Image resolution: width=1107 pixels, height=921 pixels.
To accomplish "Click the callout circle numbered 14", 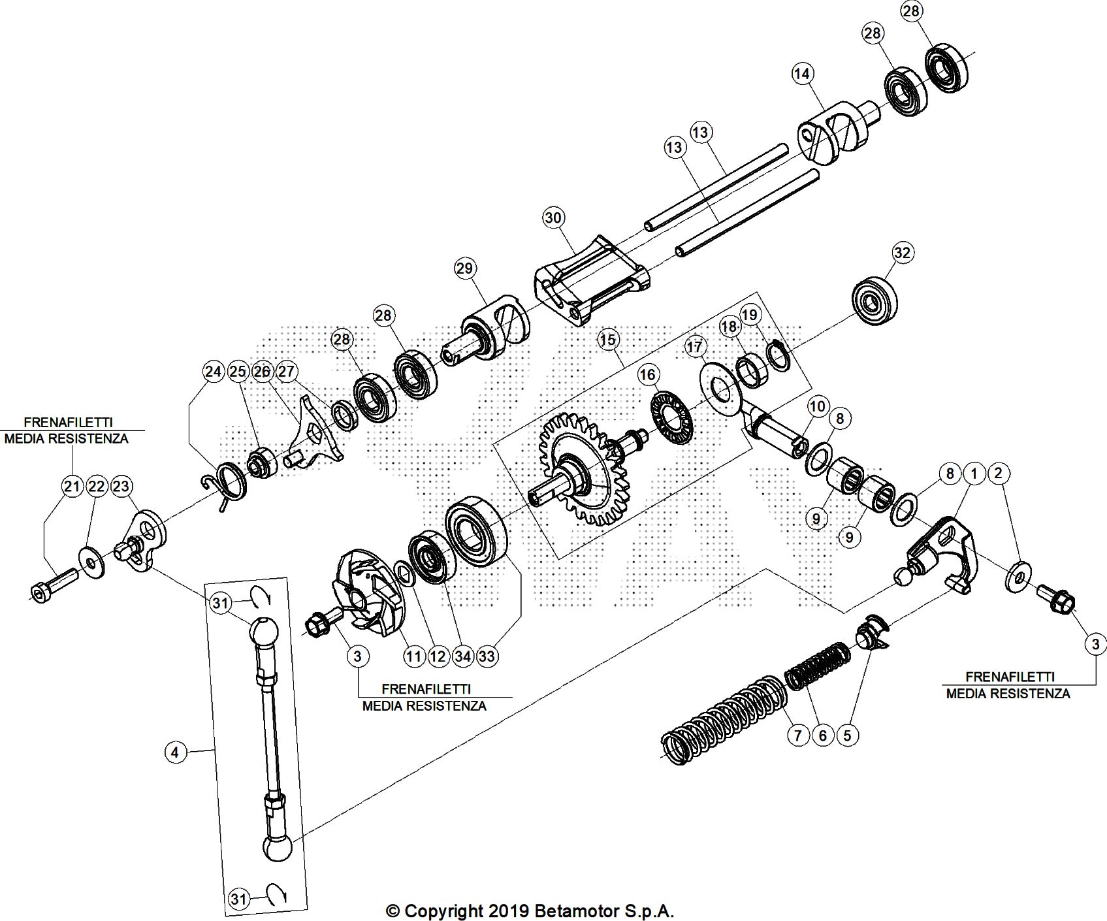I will pyautogui.click(x=802, y=74).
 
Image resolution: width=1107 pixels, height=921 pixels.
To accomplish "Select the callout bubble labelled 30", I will pyautogui.click(x=553, y=218).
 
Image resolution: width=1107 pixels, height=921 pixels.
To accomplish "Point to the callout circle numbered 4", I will pyautogui.click(x=174, y=752).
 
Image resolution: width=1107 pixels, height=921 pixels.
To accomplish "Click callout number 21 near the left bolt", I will pyautogui.click(x=71, y=486).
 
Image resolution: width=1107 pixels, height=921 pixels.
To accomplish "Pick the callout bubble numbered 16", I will pyautogui.click(x=647, y=374).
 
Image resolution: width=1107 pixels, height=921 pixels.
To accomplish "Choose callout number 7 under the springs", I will pyautogui.click(x=797, y=735).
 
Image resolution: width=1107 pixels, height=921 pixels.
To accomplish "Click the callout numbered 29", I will pyautogui.click(x=465, y=268).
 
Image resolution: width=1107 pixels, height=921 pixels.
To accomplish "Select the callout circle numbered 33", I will pyautogui.click(x=487, y=656).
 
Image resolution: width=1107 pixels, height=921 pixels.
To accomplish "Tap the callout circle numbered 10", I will pyautogui.click(x=817, y=407).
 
